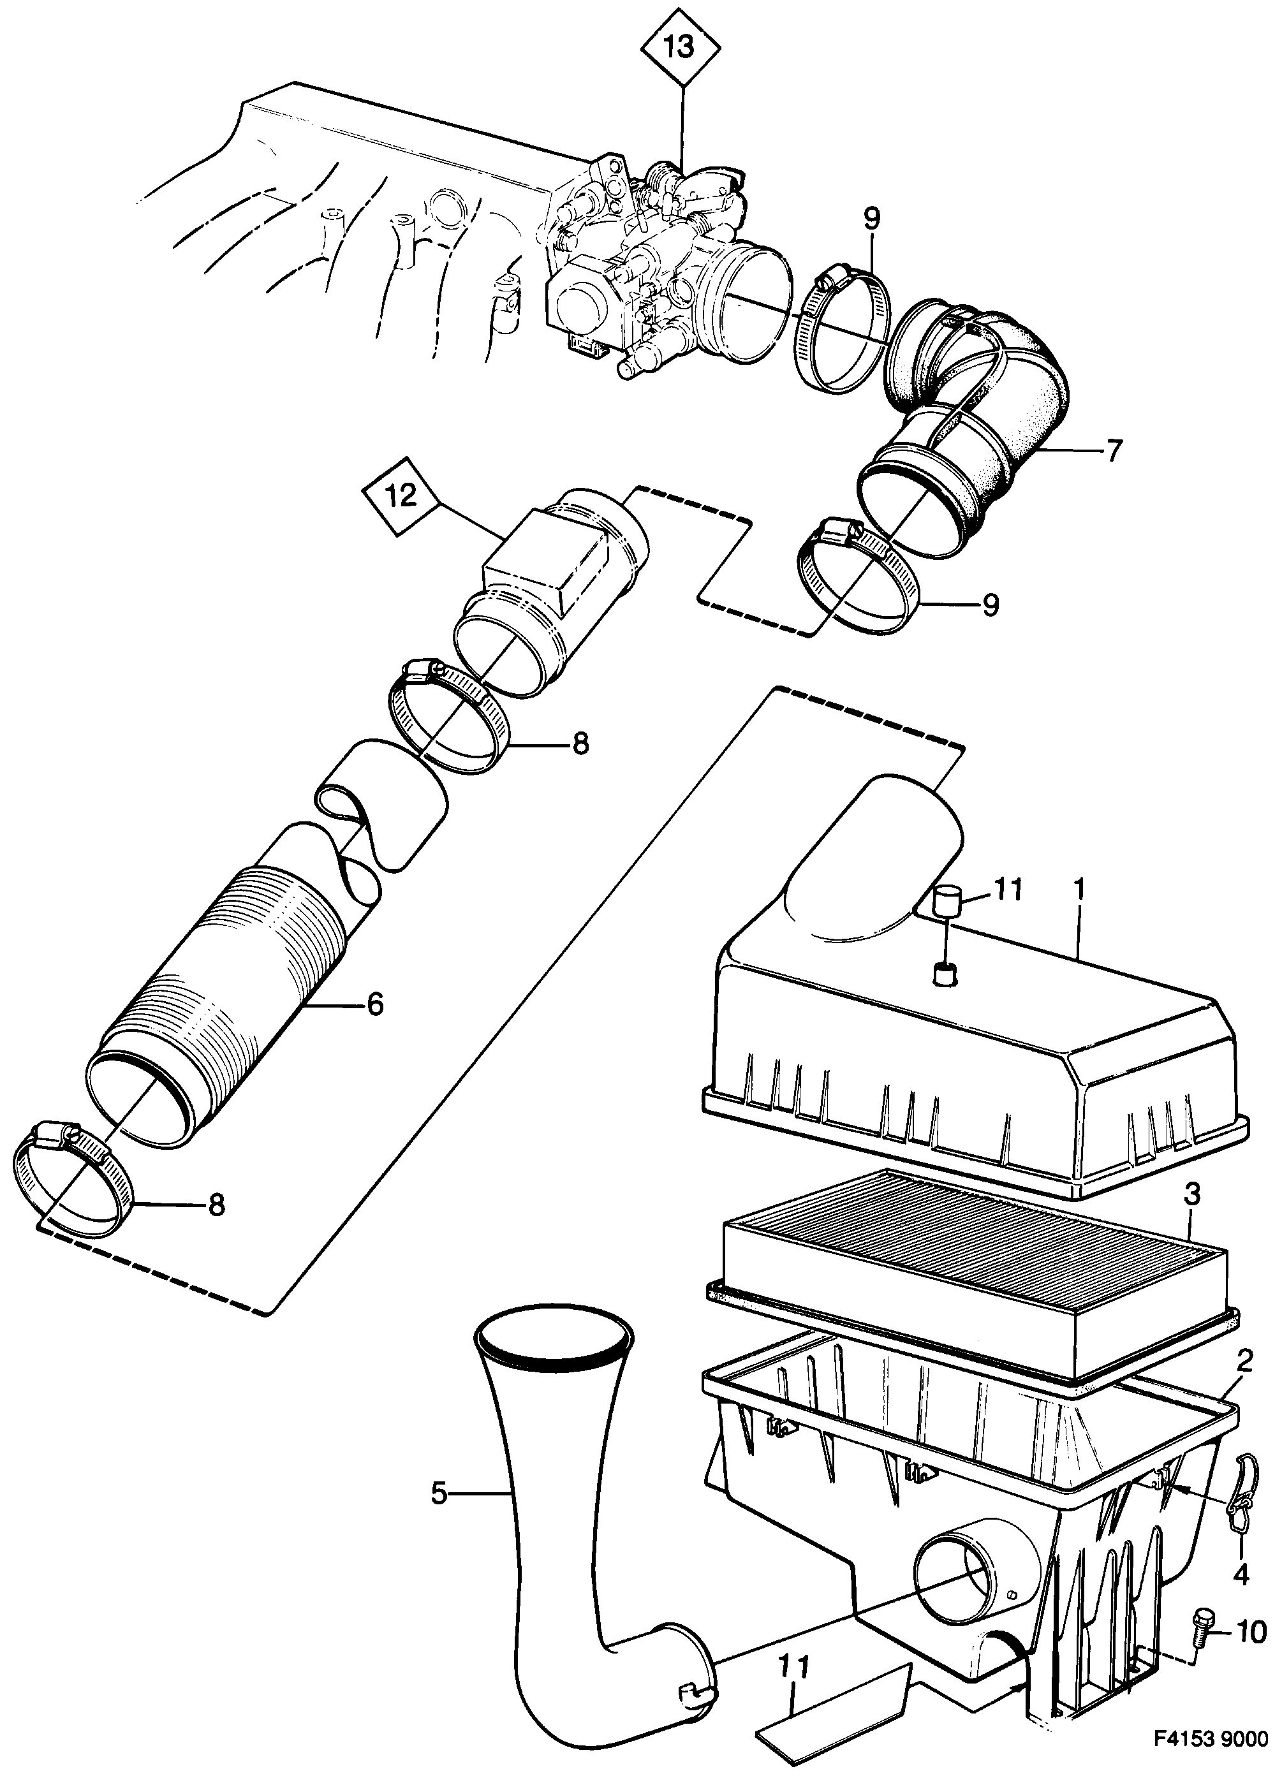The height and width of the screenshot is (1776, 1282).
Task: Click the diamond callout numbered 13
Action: [x=680, y=47]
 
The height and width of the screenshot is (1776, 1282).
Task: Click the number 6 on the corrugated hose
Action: [x=375, y=1004]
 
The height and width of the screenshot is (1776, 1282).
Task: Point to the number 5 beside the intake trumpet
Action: [x=439, y=1494]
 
